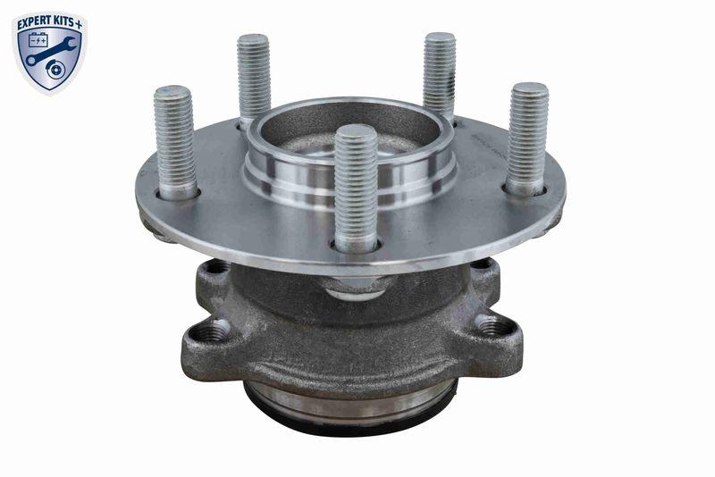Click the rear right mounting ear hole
point(482,264)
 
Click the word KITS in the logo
point(68,18)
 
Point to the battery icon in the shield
point(38,40)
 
